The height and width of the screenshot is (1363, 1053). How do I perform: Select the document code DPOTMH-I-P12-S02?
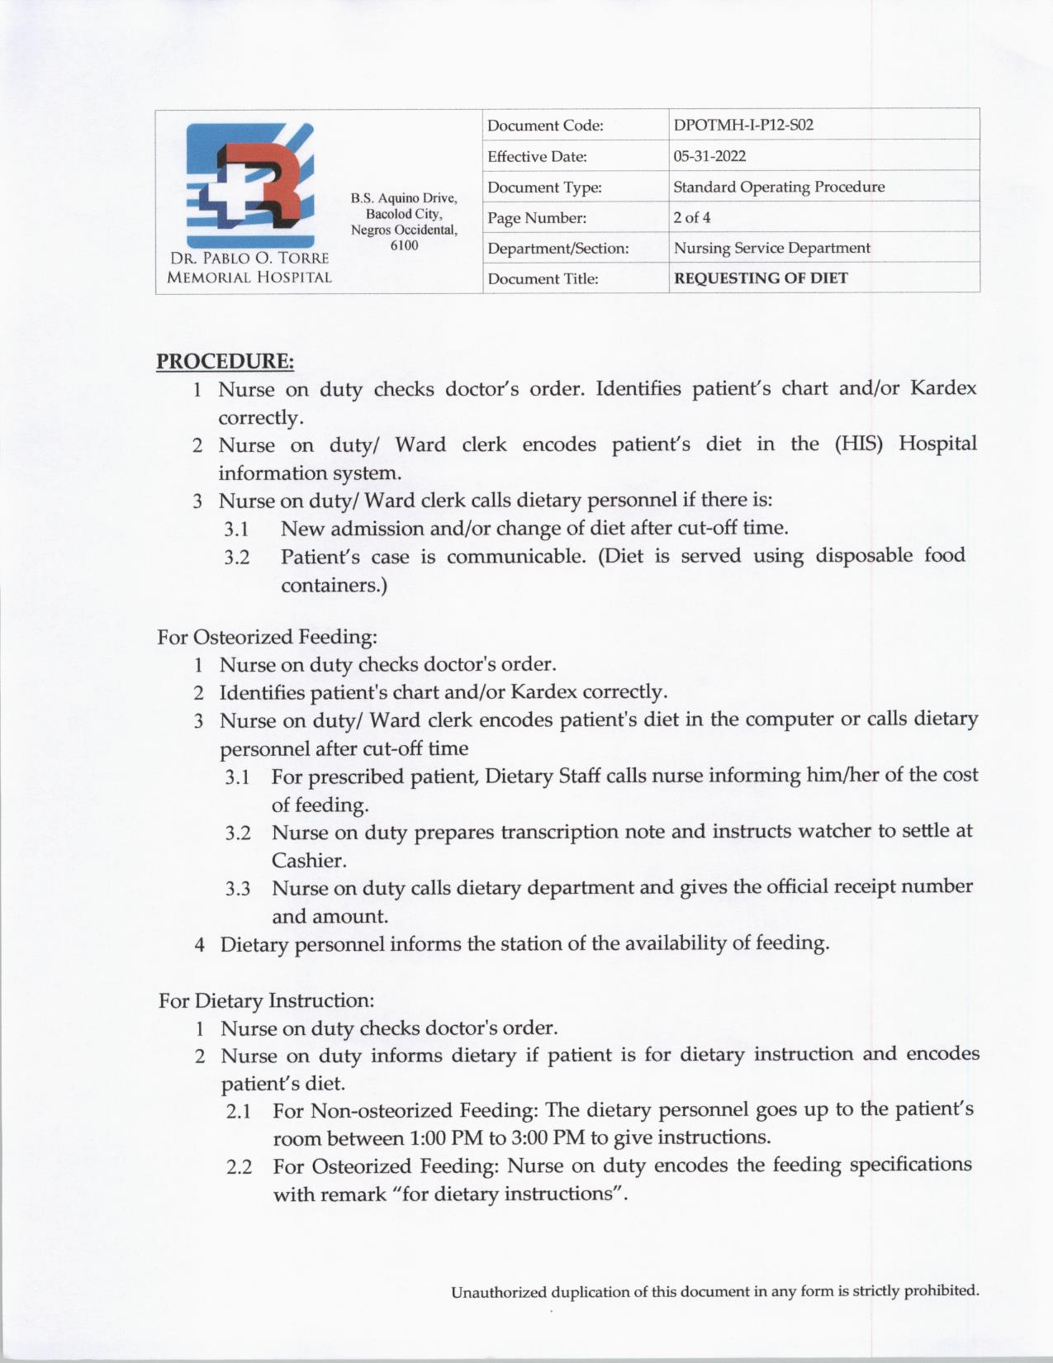click(743, 126)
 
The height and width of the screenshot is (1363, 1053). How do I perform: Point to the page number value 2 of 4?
click(691, 217)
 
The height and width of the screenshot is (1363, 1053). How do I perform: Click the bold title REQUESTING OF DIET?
click(761, 278)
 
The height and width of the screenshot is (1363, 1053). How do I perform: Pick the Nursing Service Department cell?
click(771, 248)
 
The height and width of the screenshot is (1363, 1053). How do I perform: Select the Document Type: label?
click(544, 188)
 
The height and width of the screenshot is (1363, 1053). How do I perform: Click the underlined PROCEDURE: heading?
click(225, 362)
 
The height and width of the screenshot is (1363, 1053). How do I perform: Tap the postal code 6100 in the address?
click(404, 245)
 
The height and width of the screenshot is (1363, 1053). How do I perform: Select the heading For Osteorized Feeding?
click(268, 637)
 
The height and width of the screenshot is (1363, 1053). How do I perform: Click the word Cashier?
click(308, 860)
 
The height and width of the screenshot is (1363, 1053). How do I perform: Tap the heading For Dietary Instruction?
click(267, 1000)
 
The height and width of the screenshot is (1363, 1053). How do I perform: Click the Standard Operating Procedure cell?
click(779, 187)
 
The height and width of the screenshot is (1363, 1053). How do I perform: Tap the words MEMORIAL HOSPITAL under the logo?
click(249, 278)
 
